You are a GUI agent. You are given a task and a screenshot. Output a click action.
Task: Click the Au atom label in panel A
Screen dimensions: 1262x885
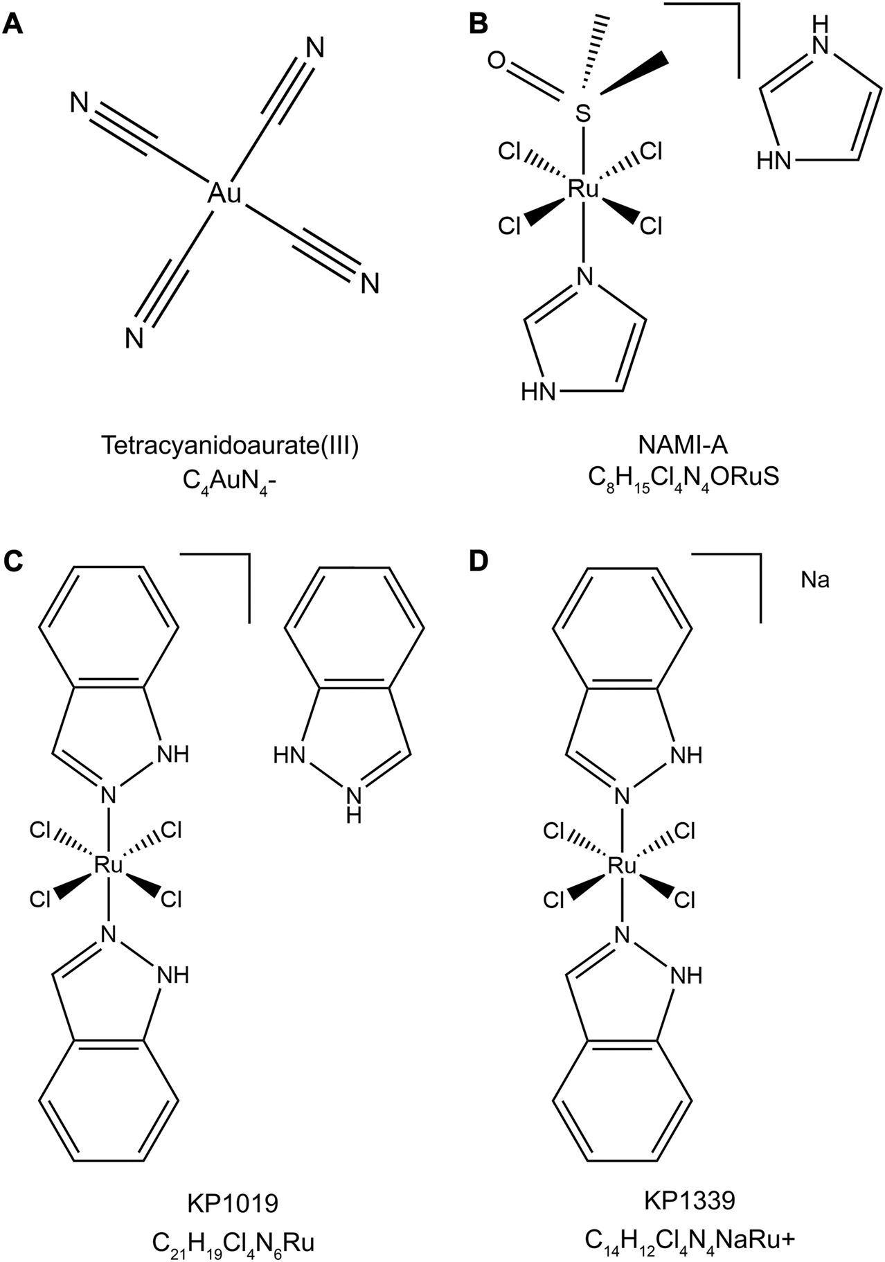[x=225, y=195]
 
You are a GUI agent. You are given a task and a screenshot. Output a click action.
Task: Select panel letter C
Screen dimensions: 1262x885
[x=13, y=560]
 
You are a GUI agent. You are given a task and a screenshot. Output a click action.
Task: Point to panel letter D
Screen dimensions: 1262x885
[x=479, y=560]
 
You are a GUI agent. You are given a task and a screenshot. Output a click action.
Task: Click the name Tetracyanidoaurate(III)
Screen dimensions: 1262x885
[x=231, y=446]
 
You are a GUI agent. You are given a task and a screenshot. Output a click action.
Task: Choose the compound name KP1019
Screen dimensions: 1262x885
[x=233, y=1203]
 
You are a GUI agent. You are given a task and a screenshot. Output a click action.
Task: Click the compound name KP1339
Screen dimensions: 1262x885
[x=689, y=1201]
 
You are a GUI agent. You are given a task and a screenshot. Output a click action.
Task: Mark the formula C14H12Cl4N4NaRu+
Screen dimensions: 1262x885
[x=689, y=1237]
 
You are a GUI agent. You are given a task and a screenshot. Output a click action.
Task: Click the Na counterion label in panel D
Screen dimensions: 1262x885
[x=815, y=580]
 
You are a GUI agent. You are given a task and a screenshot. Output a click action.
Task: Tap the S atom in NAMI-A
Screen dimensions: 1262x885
[x=584, y=114]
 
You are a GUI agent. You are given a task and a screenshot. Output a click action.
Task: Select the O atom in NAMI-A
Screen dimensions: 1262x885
[x=496, y=62]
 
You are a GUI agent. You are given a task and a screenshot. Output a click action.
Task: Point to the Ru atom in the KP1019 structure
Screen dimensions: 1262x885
[x=108, y=865]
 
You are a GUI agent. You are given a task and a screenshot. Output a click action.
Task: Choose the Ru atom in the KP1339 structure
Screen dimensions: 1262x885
[x=622, y=865]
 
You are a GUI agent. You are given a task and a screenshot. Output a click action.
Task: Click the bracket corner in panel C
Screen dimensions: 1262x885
[x=248, y=554]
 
